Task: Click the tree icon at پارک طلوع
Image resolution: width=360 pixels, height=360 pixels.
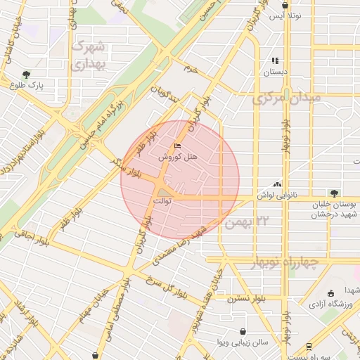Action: click(x=27, y=74)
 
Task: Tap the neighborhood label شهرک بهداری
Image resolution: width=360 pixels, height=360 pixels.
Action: click(x=89, y=55)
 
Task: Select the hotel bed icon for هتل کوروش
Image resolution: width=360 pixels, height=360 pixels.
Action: click(x=176, y=146)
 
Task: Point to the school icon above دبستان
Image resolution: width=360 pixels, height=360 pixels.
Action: click(x=275, y=61)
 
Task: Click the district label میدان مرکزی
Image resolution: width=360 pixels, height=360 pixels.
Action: click(x=287, y=97)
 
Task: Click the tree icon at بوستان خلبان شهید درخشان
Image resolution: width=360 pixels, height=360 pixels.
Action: click(x=334, y=193)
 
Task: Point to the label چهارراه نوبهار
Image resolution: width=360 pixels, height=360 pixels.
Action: click(x=284, y=263)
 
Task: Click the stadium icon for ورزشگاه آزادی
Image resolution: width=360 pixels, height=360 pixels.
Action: click(x=330, y=293)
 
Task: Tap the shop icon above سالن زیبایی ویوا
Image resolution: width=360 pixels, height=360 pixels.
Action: click(x=243, y=330)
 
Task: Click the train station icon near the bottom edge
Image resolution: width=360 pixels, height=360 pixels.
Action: click(x=309, y=346)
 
